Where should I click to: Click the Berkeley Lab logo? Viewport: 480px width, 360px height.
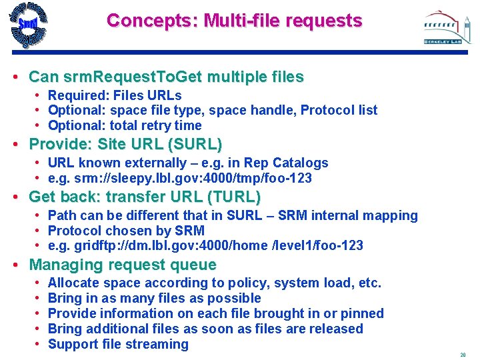(442, 28)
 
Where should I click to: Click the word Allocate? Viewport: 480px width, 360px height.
(73, 283)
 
